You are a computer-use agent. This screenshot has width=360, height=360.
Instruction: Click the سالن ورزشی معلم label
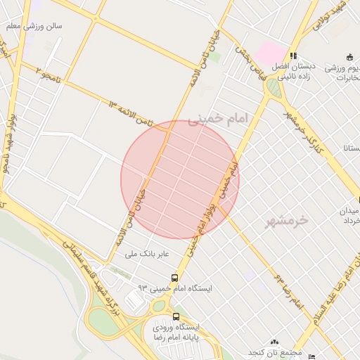[x=34, y=26]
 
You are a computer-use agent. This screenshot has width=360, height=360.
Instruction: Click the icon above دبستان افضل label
[x=293, y=56]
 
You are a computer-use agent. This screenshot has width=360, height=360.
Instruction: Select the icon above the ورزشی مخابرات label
[x=349, y=57]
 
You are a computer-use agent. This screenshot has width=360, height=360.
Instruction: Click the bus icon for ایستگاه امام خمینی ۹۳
[x=174, y=277]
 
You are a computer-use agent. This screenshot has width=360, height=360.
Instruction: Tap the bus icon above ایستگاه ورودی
[x=176, y=316]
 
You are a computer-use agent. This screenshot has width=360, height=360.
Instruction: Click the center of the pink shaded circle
[x=180, y=180]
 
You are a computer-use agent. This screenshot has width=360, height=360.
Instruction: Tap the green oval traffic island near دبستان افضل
[x=273, y=88]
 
